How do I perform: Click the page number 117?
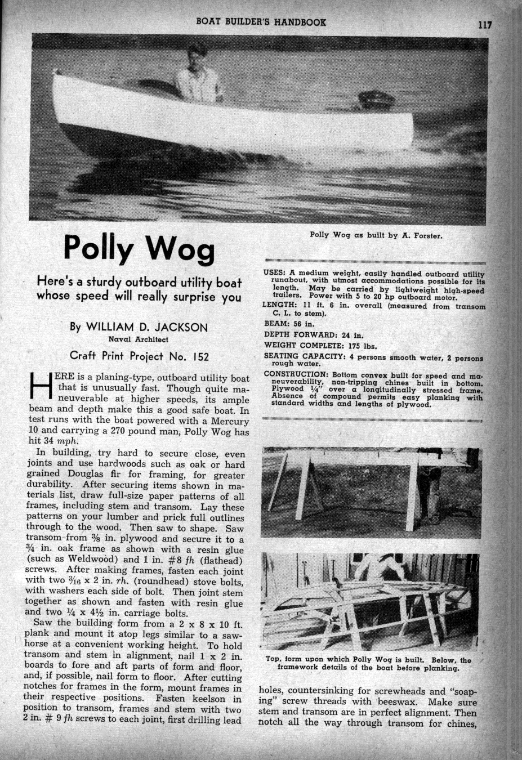click(485, 24)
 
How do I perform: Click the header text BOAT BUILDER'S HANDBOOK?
click(261, 22)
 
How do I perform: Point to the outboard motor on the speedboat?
click(374, 101)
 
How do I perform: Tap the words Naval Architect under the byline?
click(139, 339)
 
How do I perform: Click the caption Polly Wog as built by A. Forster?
click(376, 235)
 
